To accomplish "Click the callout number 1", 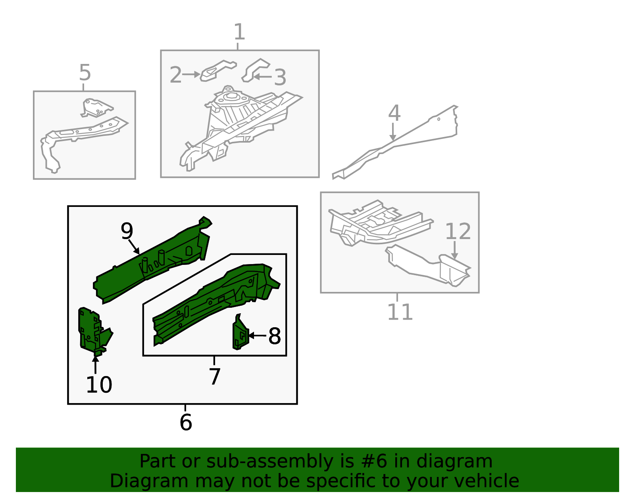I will click(x=239, y=32).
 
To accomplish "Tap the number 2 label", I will click(x=175, y=75).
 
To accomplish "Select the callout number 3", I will click(x=280, y=77).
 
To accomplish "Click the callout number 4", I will click(x=394, y=114).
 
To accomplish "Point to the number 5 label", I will click(x=85, y=73).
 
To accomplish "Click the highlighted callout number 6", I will click(x=186, y=422).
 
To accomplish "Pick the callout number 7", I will click(x=214, y=376).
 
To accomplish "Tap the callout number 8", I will click(x=275, y=336).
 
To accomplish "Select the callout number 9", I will click(x=127, y=231).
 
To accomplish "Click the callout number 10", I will click(x=99, y=385).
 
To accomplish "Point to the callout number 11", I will click(x=400, y=312).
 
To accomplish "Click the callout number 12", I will click(x=458, y=232).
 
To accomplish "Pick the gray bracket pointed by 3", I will click(x=254, y=69).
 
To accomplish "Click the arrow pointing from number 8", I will click(x=257, y=336).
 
